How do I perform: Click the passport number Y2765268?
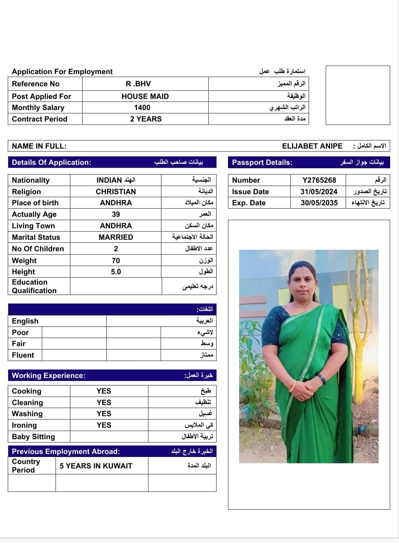point(319,180)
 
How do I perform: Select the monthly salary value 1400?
point(142,107)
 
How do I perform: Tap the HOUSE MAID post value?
point(145,96)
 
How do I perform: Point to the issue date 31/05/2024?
point(319,192)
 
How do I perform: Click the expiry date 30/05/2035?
point(319,203)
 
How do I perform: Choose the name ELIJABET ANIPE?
point(312,146)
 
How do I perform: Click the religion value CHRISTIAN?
point(116,192)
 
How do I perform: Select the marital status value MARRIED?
point(116,237)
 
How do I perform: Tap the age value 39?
point(116,214)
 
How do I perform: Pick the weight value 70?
point(116,261)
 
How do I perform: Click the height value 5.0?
point(116,272)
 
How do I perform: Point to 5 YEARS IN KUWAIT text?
point(96,466)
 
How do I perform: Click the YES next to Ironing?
point(104,425)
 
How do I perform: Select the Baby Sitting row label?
point(33,437)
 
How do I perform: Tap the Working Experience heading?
point(48,375)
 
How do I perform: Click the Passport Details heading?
point(262,162)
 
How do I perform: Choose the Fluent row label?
point(23,355)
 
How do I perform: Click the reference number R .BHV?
point(138,84)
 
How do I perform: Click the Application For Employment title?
point(62,72)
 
